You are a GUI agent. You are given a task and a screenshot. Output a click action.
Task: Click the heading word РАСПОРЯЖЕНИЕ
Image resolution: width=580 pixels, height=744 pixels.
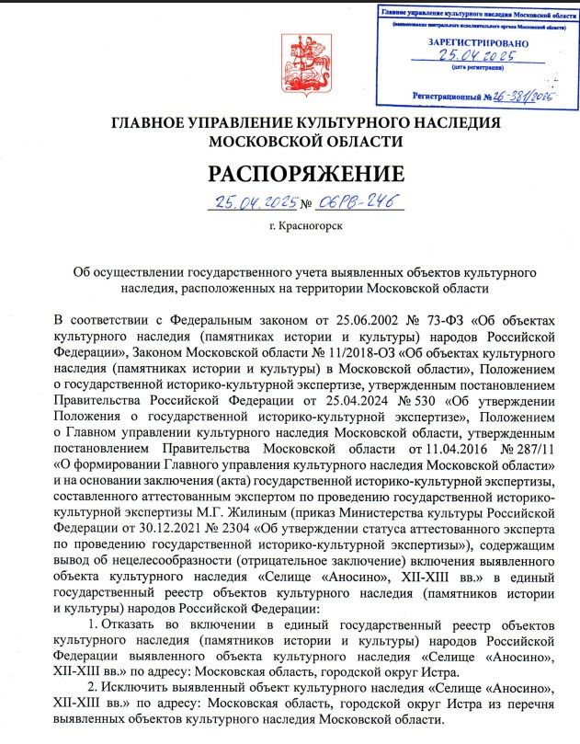click(x=305, y=173)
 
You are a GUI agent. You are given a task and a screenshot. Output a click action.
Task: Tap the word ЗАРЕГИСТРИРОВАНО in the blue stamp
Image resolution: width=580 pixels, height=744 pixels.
click(x=478, y=43)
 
